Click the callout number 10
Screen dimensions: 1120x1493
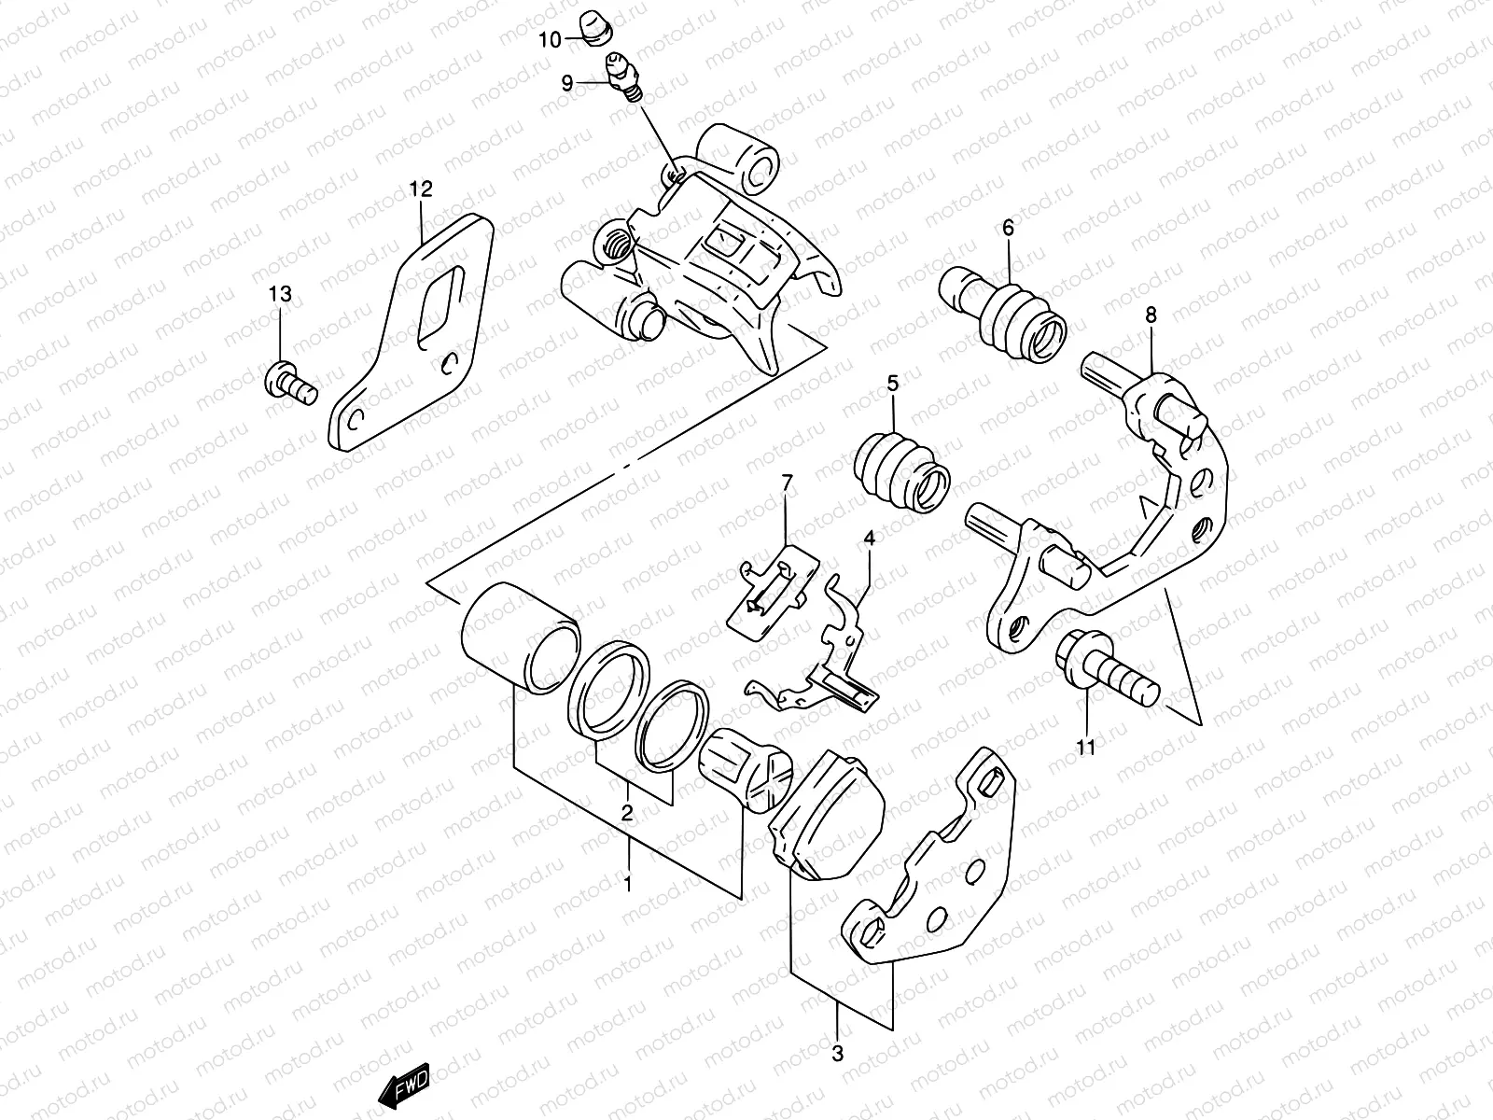[549, 39]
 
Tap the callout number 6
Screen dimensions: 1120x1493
[1008, 227]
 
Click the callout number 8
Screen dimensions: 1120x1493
[1151, 315]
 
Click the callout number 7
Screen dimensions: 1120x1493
[787, 483]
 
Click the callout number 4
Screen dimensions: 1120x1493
[869, 539]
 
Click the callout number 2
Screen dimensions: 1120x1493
[628, 812]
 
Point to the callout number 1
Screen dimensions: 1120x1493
[628, 882]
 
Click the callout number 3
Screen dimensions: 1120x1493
[837, 1055]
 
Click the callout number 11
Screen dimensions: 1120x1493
[1086, 747]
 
